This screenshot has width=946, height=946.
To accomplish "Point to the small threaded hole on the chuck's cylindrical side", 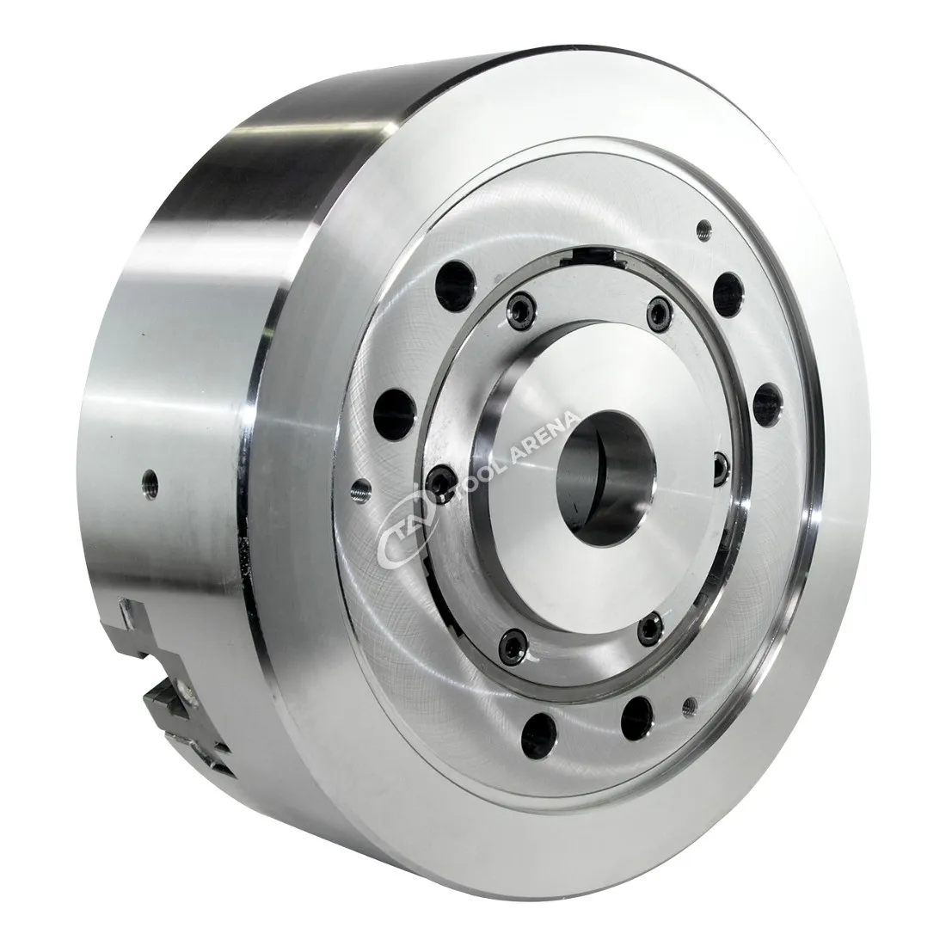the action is point(149,481).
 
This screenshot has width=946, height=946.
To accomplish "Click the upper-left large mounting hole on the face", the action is point(456,284).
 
